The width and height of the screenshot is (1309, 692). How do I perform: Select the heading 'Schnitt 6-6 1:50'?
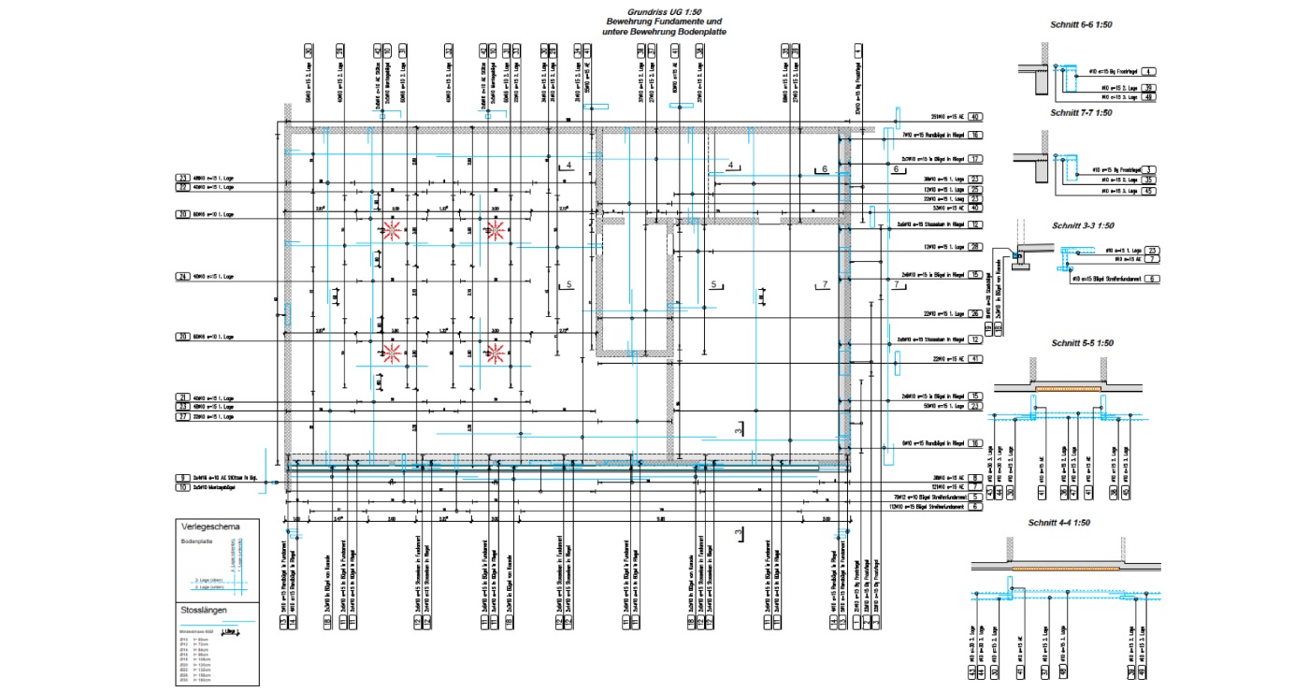(1081, 23)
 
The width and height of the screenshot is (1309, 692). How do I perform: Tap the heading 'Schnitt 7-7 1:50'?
(1081, 112)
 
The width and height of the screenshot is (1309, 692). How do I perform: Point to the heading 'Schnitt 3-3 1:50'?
(1083, 225)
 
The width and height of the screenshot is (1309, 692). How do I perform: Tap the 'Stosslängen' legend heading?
(203, 612)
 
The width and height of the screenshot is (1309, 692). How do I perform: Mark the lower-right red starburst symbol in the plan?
(496, 353)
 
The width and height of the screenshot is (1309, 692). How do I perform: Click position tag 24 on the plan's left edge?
(182, 277)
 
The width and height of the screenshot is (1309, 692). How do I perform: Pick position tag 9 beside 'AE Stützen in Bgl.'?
(182, 478)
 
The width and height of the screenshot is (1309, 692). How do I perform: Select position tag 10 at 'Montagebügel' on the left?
(182, 488)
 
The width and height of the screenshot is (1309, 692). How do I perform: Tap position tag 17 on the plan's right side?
(974, 159)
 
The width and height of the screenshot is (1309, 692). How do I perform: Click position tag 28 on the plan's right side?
(974, 247)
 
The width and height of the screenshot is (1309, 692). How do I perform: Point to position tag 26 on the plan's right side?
(974, 313)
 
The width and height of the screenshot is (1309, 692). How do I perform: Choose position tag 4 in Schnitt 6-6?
(1150, 71)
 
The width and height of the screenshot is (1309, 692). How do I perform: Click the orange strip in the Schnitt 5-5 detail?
(1066, 387)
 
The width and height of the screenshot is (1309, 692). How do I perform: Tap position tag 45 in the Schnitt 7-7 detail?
(1150, 192)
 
